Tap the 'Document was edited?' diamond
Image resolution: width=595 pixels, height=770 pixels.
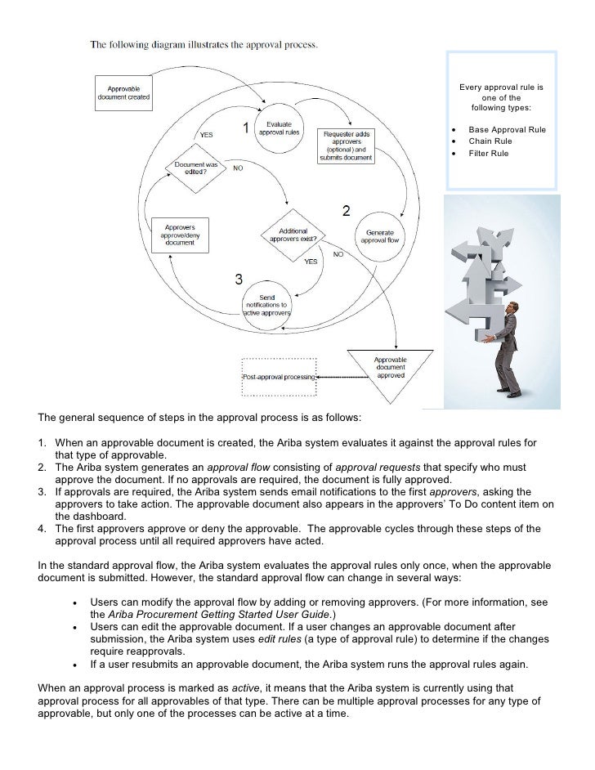tap(196, 168)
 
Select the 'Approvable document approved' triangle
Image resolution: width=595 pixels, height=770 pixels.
tap(390, 369)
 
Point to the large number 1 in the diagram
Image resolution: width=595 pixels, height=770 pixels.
tap(245, 128)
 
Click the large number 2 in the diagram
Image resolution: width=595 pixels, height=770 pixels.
tap(346, 211)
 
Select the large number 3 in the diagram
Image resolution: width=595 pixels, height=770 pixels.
tap(239, 280)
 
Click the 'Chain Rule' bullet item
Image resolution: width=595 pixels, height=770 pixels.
tap(490, 141)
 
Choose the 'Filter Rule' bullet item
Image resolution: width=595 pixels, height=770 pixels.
tap(489, 153)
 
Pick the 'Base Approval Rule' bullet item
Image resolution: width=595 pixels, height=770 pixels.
tap(507, 130)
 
